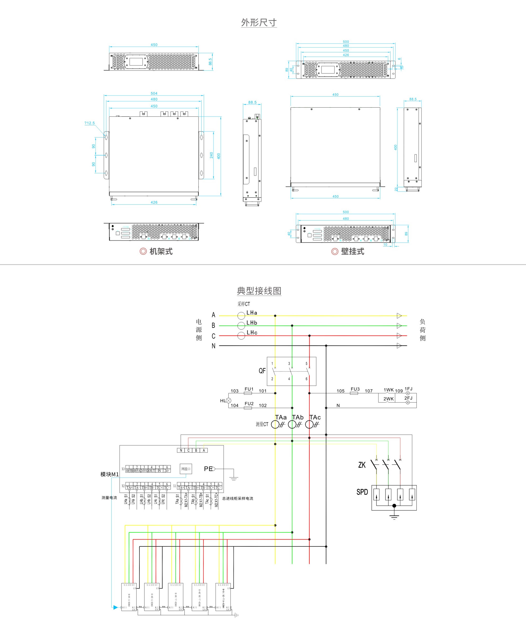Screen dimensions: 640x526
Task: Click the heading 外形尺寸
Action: [x=259, y=22]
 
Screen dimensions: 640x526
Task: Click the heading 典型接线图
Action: [x=259, y=291]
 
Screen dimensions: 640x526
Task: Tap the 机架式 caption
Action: [x=161, y=252]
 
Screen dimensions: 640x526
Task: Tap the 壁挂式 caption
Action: [x=352, y=252]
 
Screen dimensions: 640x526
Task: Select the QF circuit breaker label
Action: [x=262, y=371]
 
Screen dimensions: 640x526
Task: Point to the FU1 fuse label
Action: [x=249, y=389]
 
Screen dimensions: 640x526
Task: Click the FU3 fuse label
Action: [x=355, y=389]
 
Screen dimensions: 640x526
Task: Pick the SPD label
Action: [x=362, y=492]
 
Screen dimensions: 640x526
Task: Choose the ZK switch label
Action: [x=362, y=465]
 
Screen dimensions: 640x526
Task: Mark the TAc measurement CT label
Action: [x=315, y=417]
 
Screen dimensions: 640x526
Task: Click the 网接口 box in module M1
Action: [x=186, y=469]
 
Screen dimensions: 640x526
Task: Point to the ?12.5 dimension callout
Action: [x=89, y=123]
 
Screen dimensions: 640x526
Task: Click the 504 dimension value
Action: [x=154, y=94]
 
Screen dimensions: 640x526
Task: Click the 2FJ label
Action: [x=408, y=398]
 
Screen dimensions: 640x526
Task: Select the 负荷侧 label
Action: [x=422, y=330]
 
